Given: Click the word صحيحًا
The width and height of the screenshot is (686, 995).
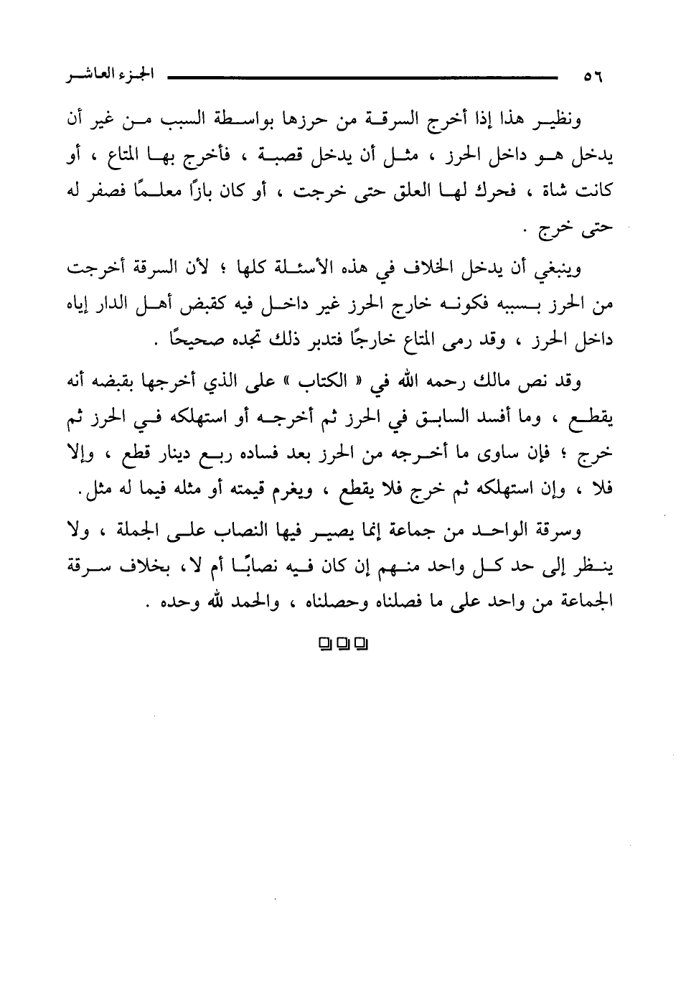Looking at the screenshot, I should [x=187, y=343].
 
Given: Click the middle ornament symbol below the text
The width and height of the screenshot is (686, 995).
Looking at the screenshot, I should [x=343, y=643].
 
